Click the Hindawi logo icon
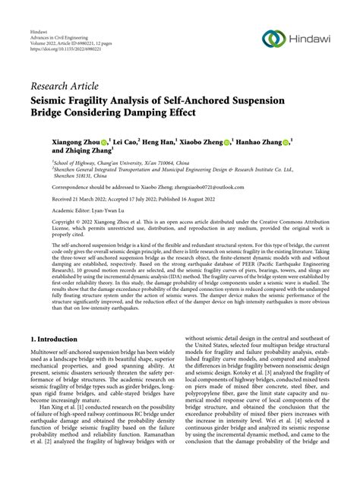pos(273,39)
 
